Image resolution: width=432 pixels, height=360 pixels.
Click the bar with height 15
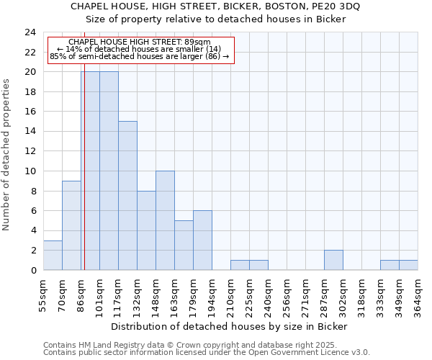tap(127, 196)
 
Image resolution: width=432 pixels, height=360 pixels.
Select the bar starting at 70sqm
tap(71, 225)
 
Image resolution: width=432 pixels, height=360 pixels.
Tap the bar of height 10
tap(165, 220)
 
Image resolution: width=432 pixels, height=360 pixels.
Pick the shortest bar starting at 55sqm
tap(53, 256)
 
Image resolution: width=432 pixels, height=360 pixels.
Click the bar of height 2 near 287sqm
tap(333, 260)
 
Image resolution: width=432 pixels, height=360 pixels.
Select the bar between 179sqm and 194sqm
tap(202, 240)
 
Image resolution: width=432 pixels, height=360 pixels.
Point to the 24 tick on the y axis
tap(30, 32)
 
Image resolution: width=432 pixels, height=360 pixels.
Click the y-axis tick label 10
tap(30, 171)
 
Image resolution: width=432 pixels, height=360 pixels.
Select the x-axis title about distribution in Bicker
tap(230, 326)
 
